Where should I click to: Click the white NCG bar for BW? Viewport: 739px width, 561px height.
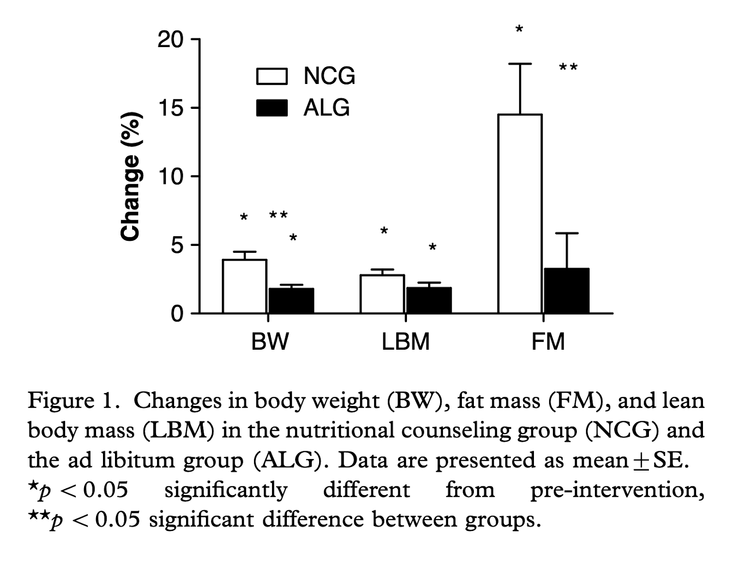[244, 286]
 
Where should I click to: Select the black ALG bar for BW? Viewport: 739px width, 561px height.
[291, 301]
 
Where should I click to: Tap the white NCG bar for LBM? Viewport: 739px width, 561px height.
[382, 294]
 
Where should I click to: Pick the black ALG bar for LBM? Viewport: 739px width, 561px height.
[429, 300]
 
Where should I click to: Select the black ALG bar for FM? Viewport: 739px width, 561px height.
[566, 291]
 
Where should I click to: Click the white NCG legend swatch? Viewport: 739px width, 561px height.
[272, 77]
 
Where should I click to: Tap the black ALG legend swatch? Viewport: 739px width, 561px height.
[272, 108]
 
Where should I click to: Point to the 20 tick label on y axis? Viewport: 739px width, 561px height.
[170, 40]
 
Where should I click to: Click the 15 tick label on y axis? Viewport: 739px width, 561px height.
[170, 108]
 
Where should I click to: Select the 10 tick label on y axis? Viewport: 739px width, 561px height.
[170, 177]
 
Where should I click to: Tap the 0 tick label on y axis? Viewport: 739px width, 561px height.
[177, 314]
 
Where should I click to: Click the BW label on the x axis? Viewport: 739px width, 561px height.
[270, 342]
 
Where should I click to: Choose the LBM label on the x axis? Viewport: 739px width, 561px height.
[406, 342]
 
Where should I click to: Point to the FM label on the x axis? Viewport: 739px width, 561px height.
[548, 342]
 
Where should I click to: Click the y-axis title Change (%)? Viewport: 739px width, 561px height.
[130, 176]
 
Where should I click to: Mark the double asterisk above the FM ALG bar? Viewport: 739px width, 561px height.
[568, 68]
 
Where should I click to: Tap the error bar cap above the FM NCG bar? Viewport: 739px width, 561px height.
[520, 64]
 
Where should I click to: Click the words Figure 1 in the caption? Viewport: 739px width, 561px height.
[70, 400]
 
